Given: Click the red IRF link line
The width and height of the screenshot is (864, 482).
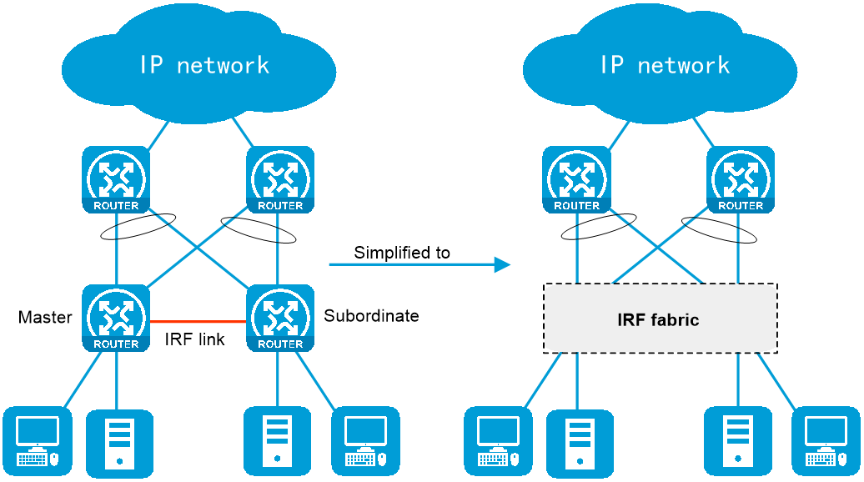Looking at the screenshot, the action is click(x=198, y=321).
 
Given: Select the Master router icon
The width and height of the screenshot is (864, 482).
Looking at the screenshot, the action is click(x=116, y=318).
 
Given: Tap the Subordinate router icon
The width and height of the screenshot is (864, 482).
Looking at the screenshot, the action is click(x=280, y=318).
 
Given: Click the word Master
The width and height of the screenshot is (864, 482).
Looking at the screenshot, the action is click(x=45, y=317).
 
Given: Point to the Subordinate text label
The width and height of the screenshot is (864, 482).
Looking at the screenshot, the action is click(x=371, y=316).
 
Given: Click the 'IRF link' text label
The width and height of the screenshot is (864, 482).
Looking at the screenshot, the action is click(x=194, y=339).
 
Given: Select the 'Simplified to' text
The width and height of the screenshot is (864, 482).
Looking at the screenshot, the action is click(x=402, y=253).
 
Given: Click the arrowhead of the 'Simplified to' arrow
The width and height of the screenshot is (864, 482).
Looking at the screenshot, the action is click(x=503, y=265).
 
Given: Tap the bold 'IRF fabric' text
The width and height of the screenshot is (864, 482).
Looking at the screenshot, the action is click(x=658, y=319).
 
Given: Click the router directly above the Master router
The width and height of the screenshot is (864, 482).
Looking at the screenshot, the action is click(x=116, y=179).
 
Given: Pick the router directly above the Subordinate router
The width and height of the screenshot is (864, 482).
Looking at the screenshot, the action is click(x=280, y=179).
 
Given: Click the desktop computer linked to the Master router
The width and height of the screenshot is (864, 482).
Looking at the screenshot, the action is click(x=38, y=441).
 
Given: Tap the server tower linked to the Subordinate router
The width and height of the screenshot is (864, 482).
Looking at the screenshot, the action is click(x=277, y=441).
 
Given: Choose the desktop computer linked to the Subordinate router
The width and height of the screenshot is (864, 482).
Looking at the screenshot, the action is click(x=365, y=441).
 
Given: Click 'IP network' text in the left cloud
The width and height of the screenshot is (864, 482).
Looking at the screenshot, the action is click(x=204, y=65).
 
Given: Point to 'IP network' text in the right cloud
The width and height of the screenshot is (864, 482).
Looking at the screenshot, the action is click(x=665, y=65).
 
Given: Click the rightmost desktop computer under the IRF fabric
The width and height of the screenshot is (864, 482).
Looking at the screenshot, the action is click(x=826, y=441).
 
